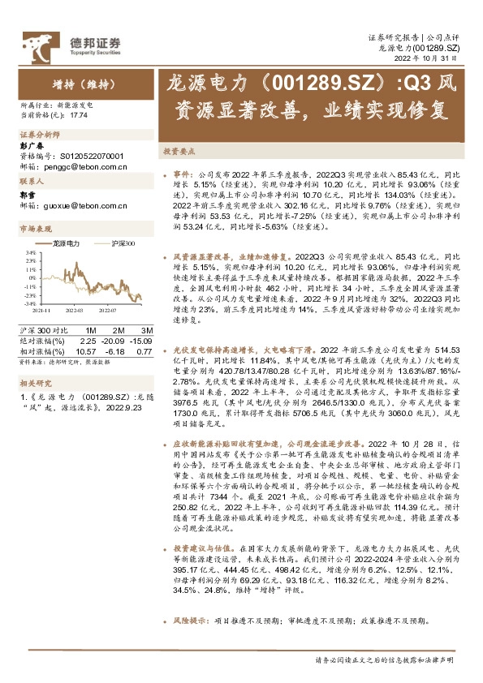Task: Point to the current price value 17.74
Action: click(x=79, y=116)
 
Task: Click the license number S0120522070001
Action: click(x=92, y=155)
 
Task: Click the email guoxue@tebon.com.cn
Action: click(x=83, y=206)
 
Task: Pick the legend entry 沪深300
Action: click(x=120, y=243)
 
